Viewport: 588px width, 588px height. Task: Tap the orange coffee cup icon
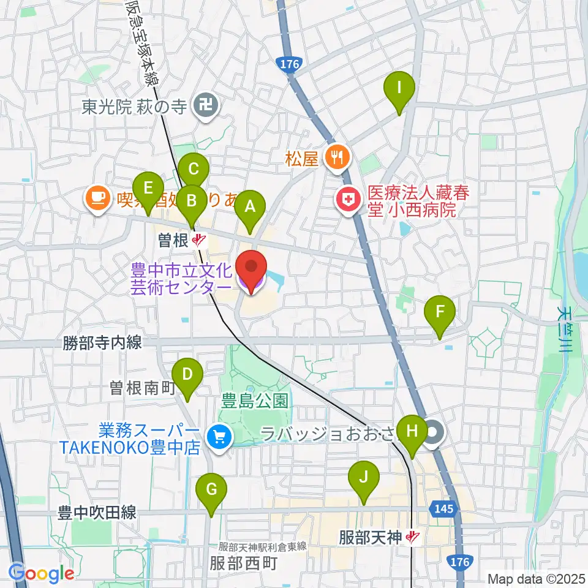[x=98, y=198]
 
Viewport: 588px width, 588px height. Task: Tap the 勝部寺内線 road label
[x=102, y=342]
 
